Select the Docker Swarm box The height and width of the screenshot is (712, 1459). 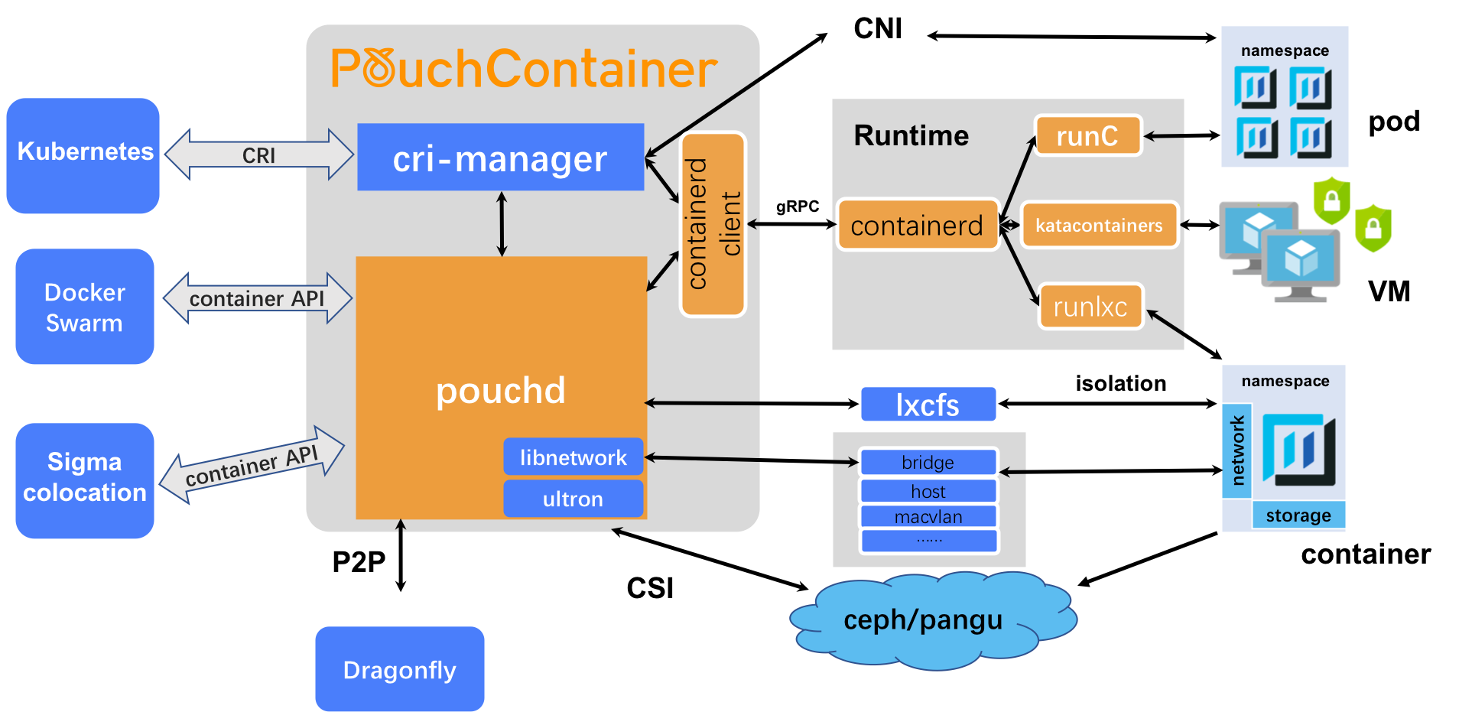point(85,307)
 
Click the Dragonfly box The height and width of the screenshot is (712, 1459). point(399,669)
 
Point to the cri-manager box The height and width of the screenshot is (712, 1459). point(500,158)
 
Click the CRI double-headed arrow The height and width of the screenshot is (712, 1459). point(259,154)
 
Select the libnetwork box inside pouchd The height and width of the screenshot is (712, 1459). point(573,457)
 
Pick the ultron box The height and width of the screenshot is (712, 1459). point(573,499)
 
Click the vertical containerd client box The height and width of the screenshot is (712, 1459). point(713,224)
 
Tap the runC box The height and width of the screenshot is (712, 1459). point(1087,136)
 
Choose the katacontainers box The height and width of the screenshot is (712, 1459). point(1099,225)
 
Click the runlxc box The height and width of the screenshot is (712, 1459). point(1090,306)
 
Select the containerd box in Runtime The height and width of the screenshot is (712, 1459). point(917,225)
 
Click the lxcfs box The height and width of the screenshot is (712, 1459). point(928,405)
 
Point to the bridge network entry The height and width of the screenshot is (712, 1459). point(928,462)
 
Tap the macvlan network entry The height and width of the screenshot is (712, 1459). point(928,516)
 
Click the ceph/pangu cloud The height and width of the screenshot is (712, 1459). point(923,619)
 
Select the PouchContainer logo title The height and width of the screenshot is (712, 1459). point(524,69)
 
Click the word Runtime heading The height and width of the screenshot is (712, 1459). point(911,135)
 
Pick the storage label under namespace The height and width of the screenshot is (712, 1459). point(1298,515)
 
